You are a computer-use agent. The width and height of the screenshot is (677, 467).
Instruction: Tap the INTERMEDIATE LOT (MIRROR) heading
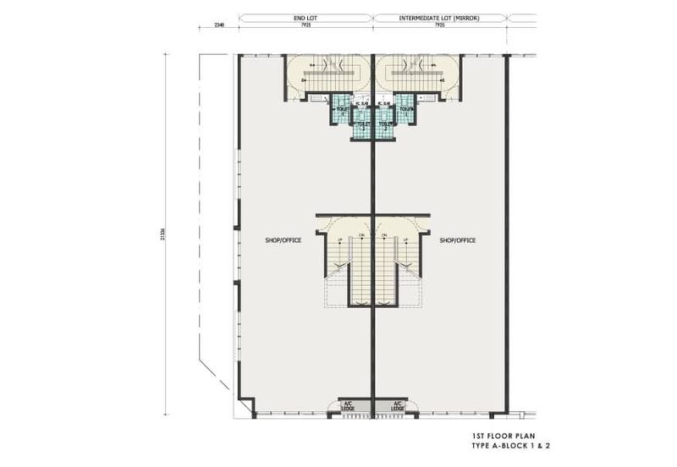pyautogui.click(x=439, y=16)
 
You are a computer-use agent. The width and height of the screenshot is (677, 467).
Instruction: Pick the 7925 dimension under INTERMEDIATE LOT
pyautogui.click(x=439, y=25)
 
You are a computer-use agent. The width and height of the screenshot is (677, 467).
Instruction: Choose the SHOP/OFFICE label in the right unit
pyautogui.click(x=458, y=240)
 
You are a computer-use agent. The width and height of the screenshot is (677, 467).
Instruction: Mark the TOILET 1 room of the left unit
pyautogui.click(x=343, y=110)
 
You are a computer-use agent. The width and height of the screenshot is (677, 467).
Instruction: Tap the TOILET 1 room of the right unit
pyautogui.click(x=405, y=110)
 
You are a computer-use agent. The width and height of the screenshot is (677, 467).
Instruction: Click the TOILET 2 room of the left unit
pyautogui.click(x=362, y=125)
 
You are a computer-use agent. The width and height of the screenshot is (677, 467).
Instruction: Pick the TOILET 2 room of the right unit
pyautogui.click(x=385, y=125)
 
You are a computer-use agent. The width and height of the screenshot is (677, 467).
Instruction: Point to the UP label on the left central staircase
pyautogui.click(x=341, y=239)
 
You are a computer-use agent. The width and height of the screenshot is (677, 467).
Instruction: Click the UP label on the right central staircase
pyautogui.click(x=405, y=239)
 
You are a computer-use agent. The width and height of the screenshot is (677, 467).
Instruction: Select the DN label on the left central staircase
pyautogui.click(x=361, y=234)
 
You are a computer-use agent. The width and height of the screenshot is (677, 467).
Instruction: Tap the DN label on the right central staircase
pyautogui.click(x=385, y=234)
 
